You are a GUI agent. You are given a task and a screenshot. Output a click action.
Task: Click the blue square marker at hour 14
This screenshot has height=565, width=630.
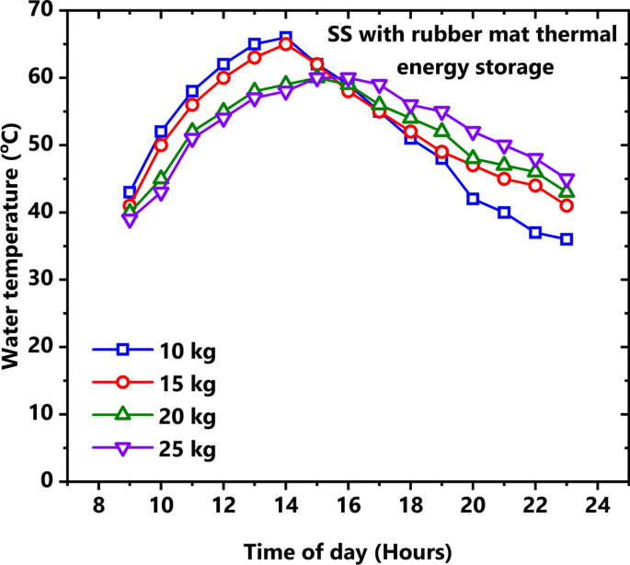[285, 38]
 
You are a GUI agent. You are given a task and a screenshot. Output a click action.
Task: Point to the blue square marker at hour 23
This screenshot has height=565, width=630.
[567, 239]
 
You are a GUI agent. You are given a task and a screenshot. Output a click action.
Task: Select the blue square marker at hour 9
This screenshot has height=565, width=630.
[130, 192]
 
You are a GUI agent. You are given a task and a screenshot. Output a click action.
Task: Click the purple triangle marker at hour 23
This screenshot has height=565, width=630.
[567, 180]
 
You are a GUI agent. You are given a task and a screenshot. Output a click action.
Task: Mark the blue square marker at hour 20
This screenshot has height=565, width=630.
[473, 199]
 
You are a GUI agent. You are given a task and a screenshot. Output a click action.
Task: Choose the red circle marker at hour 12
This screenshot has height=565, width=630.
[223, 77]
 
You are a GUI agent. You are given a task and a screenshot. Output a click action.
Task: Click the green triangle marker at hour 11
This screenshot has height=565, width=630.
[192, 131]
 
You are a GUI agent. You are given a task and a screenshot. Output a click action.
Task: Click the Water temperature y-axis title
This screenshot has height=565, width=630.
[13, 247]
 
